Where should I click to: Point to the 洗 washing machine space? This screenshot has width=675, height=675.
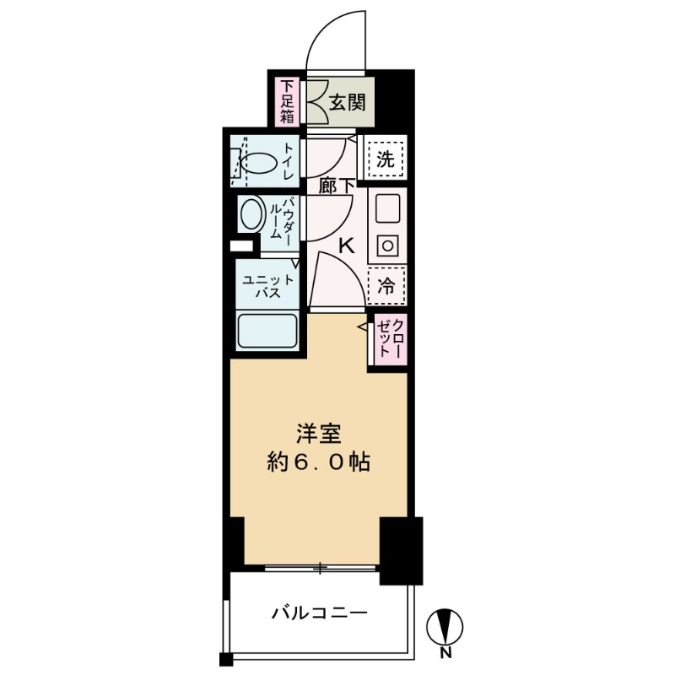tap(385, 159)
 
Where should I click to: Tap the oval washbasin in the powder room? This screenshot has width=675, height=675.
tap(251, 215)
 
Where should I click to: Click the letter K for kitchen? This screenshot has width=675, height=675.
tap(345, 246)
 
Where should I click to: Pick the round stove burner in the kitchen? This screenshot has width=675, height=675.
tap(388, 245)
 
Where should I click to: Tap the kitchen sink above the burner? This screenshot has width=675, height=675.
tap(388, 209)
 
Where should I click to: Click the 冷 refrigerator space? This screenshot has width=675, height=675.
tap(386, 285)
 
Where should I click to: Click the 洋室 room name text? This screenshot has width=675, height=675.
tap(319, 434)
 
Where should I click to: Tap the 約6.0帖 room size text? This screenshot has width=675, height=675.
tap(319, 462)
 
